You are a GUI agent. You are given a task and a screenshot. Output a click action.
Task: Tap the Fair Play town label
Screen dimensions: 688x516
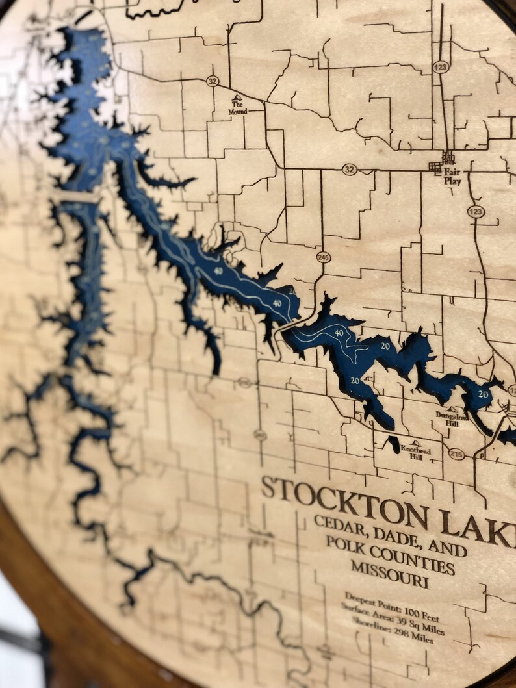(x=452, y=177)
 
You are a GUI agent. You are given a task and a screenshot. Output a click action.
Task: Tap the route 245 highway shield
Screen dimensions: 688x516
(x=323, y=257)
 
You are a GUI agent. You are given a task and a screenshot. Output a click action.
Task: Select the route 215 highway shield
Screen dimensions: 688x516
(x=456, y=454)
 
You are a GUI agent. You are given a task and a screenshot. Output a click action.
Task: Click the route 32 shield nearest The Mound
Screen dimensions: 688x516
(x=213, y=81)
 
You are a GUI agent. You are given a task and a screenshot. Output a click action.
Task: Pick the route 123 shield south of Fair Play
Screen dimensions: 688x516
(x=475, y=212)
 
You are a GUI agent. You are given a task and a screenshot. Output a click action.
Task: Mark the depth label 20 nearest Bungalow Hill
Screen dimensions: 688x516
(x=483, y=394)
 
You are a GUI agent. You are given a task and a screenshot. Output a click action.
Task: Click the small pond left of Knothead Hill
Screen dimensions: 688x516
(x=393, y=444)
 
